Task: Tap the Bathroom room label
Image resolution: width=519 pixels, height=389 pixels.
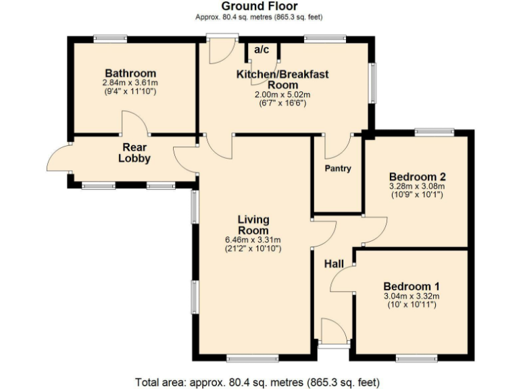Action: tap(130, 73)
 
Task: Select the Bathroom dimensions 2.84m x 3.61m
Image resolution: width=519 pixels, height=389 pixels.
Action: tap(130, 83)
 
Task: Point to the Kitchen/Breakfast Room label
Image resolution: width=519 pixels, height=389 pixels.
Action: tap(282, 79)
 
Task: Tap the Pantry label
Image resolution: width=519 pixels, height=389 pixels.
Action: tap(337, 168)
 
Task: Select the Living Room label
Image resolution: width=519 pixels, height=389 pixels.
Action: tap(253, 224)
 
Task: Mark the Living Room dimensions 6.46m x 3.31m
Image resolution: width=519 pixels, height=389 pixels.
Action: tap(253, 240)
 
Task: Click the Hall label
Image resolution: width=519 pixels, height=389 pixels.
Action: tap(334, 264)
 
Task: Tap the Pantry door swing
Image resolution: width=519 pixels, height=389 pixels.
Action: tap(337, 145)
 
